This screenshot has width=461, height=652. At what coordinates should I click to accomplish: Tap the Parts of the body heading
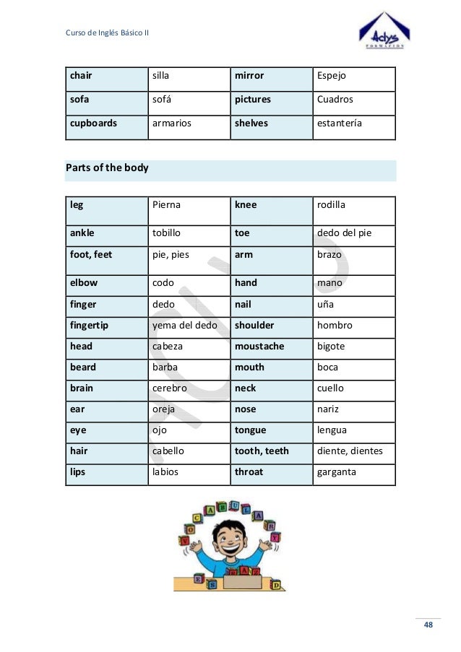(x=107, y=168)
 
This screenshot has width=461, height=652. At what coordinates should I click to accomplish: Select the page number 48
(x=428, y=625)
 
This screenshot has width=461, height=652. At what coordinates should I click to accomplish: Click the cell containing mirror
(x=249, y=76)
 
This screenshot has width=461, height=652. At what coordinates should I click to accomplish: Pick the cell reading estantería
(x=340, y=123)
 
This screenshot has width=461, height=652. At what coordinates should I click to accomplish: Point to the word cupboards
(x=93, y=123)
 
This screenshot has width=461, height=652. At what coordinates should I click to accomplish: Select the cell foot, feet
(x=91, y=255)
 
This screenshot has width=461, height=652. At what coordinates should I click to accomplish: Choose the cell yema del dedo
(x=184, y=326)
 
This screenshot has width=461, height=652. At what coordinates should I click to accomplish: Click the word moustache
(x=259, y=347)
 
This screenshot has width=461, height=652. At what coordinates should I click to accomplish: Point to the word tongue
(x=250, y=430)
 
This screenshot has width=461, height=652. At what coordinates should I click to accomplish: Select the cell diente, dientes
(x=350, y=451)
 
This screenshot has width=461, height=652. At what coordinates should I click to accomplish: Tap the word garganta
(x=337, y=472)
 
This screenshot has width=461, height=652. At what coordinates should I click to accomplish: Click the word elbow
(x=84, y=283)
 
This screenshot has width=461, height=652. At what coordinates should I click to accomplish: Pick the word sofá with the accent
(x=163, y=100)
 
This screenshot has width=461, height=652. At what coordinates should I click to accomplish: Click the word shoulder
(x=254, y=326)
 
